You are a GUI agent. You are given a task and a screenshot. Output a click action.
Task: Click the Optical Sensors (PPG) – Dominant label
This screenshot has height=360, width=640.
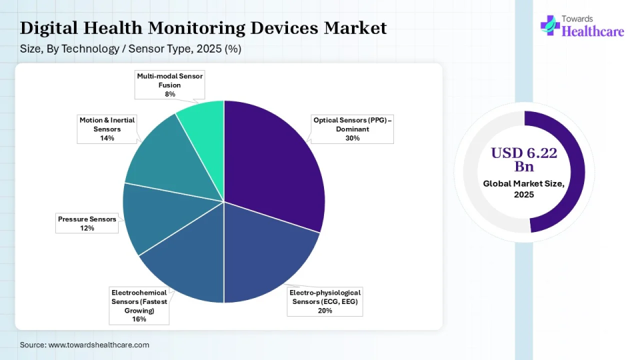click(353, 129)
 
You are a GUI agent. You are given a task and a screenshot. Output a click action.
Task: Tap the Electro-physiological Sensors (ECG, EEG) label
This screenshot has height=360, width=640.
click(325, 301)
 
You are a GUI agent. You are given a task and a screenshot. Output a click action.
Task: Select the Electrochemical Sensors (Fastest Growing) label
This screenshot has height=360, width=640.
click(139, 305)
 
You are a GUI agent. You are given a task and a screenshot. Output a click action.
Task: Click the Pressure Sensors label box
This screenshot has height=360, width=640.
click(87, 223)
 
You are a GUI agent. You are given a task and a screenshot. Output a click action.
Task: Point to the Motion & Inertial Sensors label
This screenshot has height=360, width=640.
click(107, 129)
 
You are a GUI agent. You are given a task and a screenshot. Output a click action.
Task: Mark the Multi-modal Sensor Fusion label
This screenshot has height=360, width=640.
click(170, 85)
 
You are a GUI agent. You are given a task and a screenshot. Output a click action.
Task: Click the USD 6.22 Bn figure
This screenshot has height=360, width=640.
click(524, 159)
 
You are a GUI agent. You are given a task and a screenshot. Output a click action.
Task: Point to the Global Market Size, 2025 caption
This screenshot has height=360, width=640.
click(524, 189)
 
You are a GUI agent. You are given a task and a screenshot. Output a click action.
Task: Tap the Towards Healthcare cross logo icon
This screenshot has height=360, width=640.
click(549, 25)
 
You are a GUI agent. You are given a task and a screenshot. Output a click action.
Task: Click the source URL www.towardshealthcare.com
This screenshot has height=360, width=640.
click(99, 345)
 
